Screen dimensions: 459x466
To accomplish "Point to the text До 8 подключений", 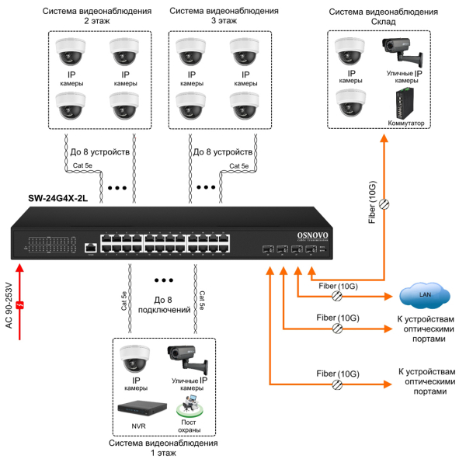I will click(x=163, y=304).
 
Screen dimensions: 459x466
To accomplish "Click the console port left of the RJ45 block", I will click(x=90, y=247).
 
